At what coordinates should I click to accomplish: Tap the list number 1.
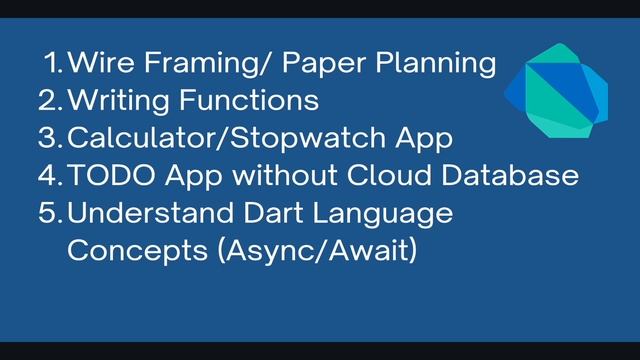point(55,63)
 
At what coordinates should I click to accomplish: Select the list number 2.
point(51,100)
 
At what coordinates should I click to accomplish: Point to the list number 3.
point(51,138)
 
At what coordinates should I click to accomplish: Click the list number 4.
point(51,175)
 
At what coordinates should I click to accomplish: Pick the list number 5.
point(51,213)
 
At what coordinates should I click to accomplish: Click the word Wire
point(101,63)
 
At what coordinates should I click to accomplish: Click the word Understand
point(159,213)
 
